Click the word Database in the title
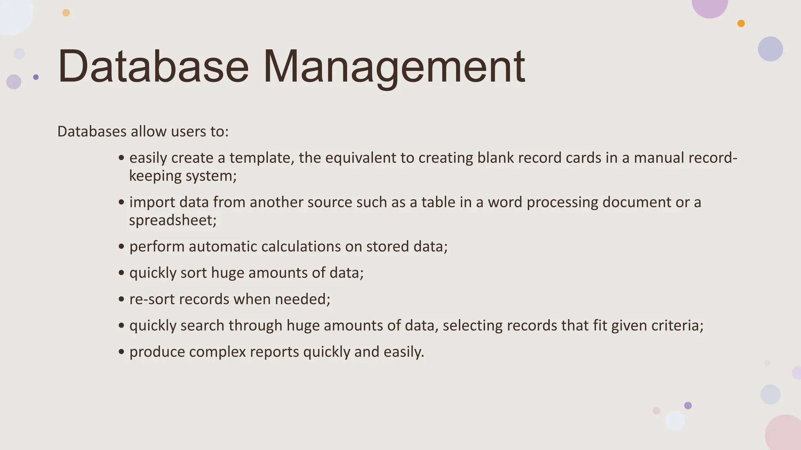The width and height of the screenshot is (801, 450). click(153, 66)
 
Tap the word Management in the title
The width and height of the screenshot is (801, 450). click(394, 66)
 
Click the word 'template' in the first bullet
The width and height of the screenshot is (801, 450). click(261, 158)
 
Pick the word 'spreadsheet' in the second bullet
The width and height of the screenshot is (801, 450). click(172, 220)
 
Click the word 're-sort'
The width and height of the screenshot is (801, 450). click(152, 299)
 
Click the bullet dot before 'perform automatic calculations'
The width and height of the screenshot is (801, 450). click(121, 247)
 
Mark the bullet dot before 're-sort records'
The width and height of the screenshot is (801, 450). click(121, 300)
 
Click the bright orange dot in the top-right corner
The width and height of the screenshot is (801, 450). click(741, 23)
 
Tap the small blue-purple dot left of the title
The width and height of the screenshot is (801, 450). click(36, 77)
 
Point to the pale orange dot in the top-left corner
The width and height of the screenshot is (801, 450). click(66, 13)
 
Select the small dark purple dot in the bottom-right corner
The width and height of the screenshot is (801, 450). click(688, 405)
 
